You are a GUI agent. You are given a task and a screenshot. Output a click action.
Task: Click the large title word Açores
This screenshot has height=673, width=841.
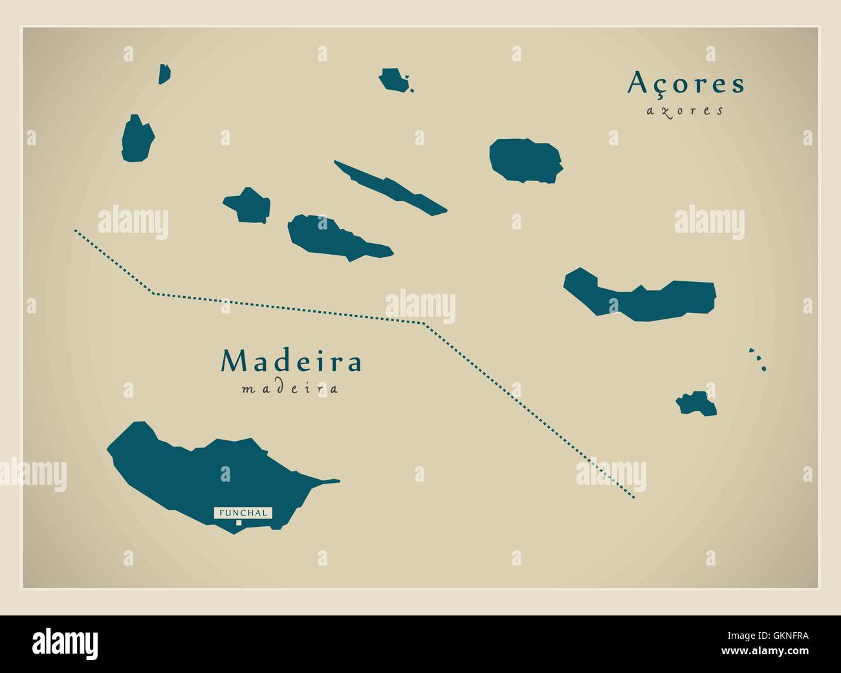click(686, 83)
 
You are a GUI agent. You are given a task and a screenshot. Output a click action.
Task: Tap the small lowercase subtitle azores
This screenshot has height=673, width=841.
click(684, 111)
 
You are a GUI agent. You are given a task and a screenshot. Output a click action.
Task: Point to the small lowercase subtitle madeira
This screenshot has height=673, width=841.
click(290, 389)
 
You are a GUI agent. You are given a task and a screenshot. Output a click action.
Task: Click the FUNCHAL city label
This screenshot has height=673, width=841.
click(243, 513)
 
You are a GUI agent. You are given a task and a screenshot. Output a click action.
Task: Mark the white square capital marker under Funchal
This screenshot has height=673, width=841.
click(239, 522)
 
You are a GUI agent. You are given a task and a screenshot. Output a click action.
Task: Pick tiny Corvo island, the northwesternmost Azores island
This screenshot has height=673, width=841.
click(165, 74)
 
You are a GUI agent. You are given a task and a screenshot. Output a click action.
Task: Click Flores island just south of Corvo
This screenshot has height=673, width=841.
click(138, 139)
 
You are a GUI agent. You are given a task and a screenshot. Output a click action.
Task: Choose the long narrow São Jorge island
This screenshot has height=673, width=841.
click(389, 187)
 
